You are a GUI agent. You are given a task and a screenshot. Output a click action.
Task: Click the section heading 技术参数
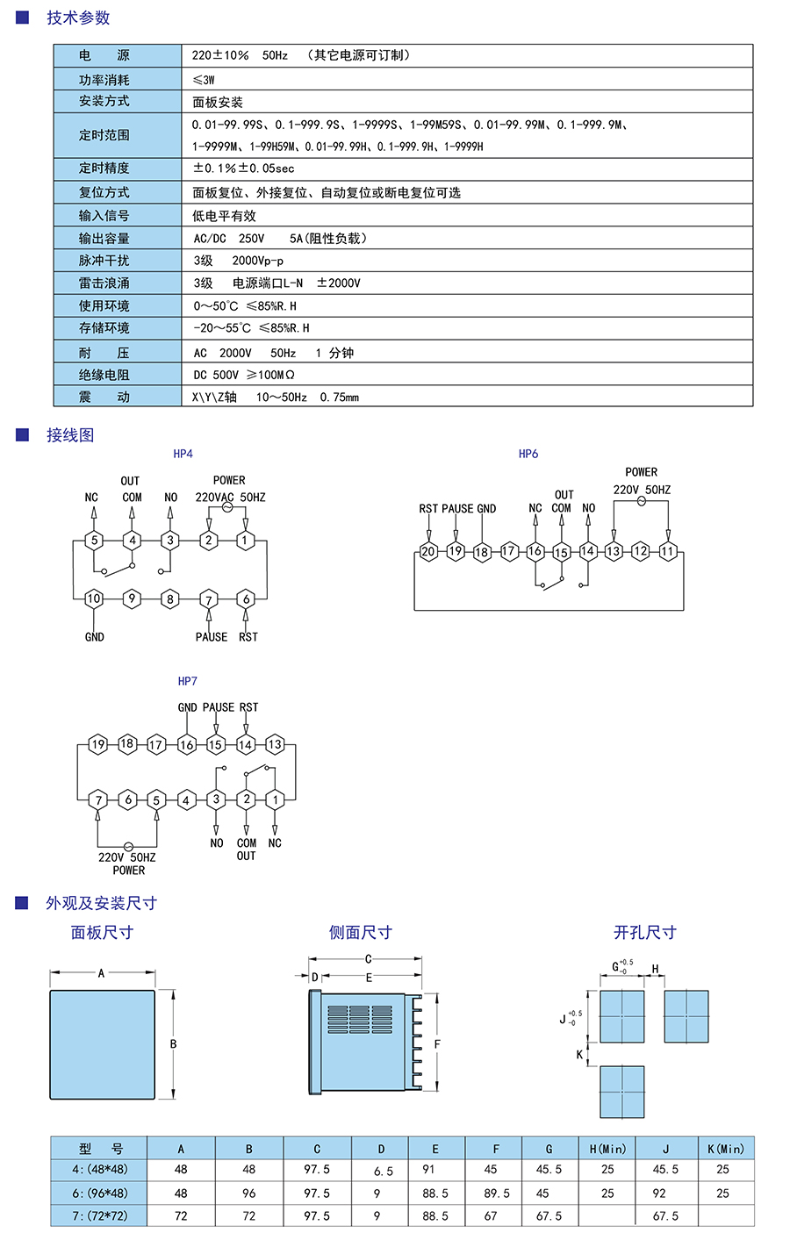[78, 18]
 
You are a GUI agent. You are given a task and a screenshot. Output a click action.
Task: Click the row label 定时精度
[104, 168]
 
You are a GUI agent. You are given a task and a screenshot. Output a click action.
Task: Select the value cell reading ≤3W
[204, 80]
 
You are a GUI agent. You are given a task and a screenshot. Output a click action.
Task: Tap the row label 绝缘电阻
[104, 375]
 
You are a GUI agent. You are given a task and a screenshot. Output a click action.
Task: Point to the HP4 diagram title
[183, 454]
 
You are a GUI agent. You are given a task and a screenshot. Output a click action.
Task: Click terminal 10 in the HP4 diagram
[94, 598]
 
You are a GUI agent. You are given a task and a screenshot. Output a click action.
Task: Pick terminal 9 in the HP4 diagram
[132, 598]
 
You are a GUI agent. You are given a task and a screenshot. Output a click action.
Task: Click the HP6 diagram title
[528, 454]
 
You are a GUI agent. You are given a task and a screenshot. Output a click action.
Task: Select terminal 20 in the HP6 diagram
[428, 552]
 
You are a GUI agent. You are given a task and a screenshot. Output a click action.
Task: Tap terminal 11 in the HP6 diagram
[668, 551]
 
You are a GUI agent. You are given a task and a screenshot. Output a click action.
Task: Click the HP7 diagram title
[187, 681]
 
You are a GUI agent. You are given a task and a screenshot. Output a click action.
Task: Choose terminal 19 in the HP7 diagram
[98, 744]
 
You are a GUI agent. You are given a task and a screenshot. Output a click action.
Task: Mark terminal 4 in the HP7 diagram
[186, 799]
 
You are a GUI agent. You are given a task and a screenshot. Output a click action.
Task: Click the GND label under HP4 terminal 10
[94, 637]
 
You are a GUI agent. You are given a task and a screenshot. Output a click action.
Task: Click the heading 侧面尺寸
[360, 933]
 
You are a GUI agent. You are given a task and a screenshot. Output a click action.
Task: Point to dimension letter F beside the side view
[437, 1044]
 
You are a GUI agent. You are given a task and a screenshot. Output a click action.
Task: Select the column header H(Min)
[607, 1149]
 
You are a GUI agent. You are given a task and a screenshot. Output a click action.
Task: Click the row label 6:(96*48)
[99, 1193]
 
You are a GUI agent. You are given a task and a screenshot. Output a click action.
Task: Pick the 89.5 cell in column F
[497, 1193]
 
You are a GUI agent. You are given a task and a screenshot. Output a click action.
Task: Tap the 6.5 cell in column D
[383, 1171]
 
